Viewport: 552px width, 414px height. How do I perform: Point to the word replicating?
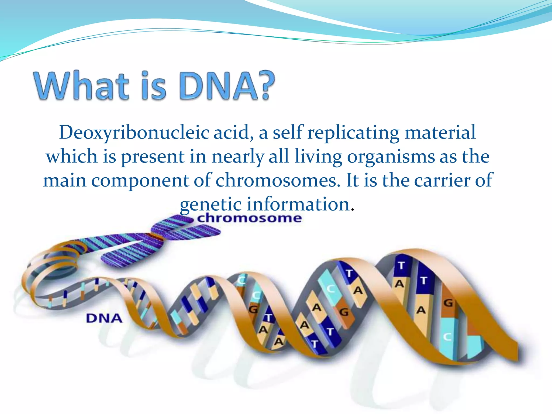(x=353, y=133)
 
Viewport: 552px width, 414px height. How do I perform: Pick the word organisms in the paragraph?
(x=391, y=156)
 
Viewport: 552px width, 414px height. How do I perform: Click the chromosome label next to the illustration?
(x=249, y=218)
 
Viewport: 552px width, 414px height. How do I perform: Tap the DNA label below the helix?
(x=104, y=318)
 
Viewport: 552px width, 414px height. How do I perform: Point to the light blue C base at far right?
(x=447, y=337)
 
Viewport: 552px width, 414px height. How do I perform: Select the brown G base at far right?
(x=448, y=303)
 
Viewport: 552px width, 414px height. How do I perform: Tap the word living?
(x=318, y=156)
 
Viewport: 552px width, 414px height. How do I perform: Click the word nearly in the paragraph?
(x=237, y=156)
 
